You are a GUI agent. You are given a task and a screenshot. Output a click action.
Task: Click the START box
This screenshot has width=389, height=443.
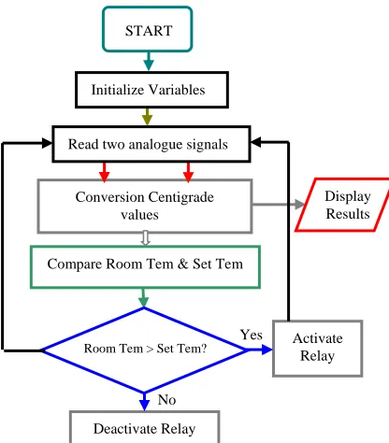click(148, 29)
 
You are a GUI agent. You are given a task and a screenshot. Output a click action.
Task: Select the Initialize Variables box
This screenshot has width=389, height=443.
click(151, 90)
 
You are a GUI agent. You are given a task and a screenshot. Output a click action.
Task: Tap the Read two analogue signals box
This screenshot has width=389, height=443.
click(151, 144)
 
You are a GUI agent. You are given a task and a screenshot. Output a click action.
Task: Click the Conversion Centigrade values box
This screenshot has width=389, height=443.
click(145, 206)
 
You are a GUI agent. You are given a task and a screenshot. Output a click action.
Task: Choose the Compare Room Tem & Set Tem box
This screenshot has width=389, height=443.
click(145, 267)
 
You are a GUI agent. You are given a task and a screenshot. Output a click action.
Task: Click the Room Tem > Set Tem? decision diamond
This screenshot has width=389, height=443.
click(144, 350)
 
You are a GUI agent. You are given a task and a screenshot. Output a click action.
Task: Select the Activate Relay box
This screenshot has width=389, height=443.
click(318, 349)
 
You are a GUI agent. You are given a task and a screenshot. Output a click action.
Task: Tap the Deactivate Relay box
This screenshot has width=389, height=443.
click(145, 427)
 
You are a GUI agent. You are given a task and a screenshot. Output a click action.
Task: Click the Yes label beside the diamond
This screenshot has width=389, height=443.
click(252, 335)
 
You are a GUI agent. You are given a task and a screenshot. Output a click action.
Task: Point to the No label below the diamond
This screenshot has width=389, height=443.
click(166, 399)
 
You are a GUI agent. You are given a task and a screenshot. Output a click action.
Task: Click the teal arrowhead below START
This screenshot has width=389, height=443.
click(149, 64)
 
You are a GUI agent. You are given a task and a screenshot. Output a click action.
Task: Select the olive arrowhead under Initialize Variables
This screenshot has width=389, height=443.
click(147, 120)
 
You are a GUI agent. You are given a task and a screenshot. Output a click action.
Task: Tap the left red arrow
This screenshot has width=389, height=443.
click(105, 172)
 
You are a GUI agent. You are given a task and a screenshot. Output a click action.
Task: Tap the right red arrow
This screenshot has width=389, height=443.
click(188, 172)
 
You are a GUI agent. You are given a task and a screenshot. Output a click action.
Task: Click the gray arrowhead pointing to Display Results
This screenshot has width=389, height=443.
click(300, 205)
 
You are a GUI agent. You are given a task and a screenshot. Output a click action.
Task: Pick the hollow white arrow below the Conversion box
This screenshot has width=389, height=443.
click(145, 238)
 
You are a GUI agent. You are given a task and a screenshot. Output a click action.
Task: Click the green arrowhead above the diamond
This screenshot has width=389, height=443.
click(143, 302)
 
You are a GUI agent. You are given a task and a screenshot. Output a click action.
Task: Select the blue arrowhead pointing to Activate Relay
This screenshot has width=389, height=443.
click(267, 350)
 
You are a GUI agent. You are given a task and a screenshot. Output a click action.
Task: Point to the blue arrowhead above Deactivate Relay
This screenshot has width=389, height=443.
click(144, 406)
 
